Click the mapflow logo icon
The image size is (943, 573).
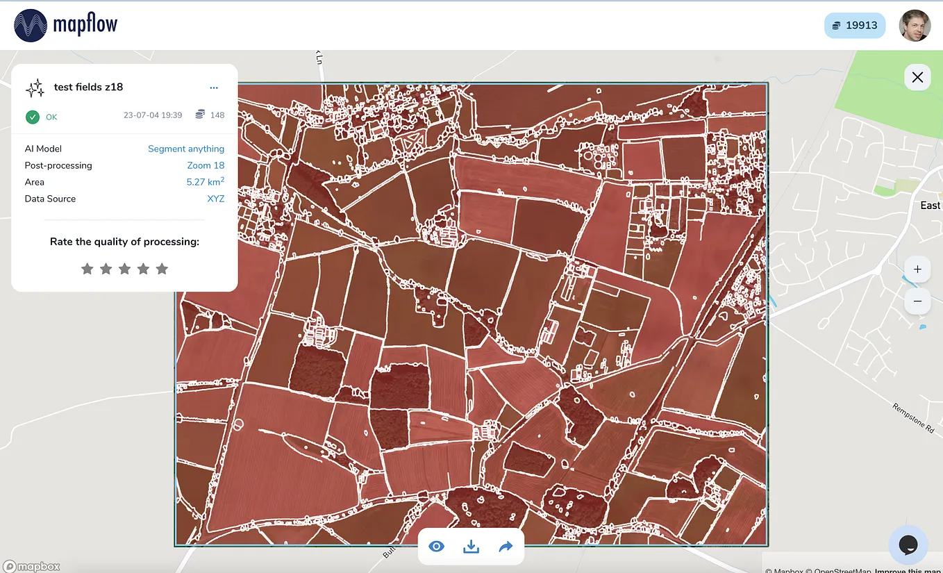(x=30, y=26)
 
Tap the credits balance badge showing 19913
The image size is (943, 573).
(x=854, y=26)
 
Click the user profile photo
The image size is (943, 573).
(x=915, y=26)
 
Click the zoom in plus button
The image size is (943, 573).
(x=917, y=269)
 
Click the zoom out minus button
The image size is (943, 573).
(x=917, y=301)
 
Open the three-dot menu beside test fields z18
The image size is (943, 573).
(x=214, y=88)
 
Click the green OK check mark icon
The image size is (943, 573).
(x=33, y=117)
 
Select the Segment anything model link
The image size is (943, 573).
(x=186, y=149)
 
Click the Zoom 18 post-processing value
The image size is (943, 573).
(x=206, y=165)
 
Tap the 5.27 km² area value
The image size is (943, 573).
(x=205, y=182)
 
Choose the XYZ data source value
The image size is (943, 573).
(x=216, y=199)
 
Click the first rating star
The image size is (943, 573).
(x=87, y=269)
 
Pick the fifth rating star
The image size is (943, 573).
(x=162, y=269)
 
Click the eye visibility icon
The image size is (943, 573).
(x=436, y=547)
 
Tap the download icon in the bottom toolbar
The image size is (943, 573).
(x=471, y=547)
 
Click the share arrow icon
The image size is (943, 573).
(x=506, y=547)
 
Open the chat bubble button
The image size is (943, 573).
(x=908, y=545)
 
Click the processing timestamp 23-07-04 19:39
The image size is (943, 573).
(x=153, y=115)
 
